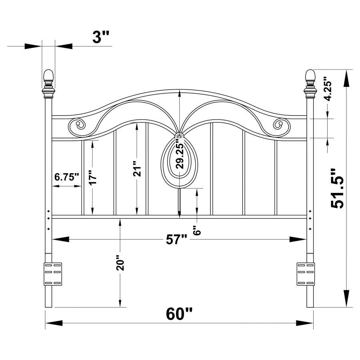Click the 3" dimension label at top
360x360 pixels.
(x=101, y=38)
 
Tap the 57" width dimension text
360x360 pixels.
(x=176, y=240)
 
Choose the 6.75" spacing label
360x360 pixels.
(x=67, y=177)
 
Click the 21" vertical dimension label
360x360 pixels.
(x=137, y=169)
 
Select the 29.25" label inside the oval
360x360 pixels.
(x=180, y=156)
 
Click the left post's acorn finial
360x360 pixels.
(x=48, y=75)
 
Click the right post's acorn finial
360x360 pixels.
(x=310, y=75)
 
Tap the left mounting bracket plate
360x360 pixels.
(x=53, y=274)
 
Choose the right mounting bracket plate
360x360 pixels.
(x=306, y=274)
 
